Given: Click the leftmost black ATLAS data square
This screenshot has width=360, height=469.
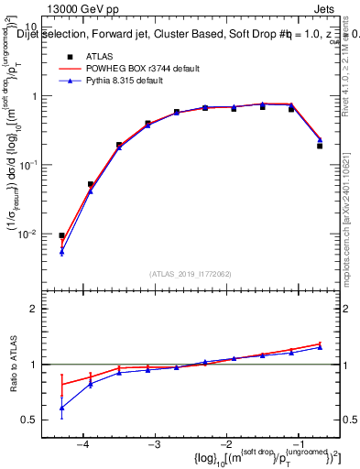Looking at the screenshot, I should pyautogui.click(x=61, y=235).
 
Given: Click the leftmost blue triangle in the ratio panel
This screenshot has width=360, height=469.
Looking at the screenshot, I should pyautogui.click(x=61, y=408).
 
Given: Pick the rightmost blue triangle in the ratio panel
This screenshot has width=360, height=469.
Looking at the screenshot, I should pyautogui.click(x=320, y=347).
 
